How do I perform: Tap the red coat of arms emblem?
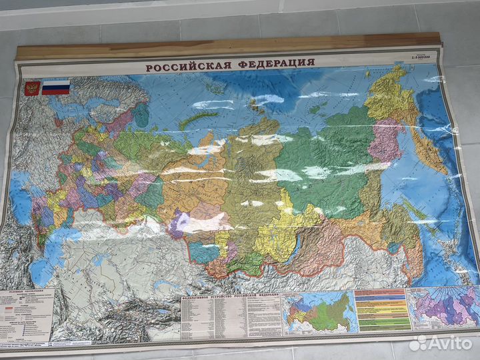pyautogui.click(x=31, y=89)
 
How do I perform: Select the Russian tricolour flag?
pyautogui.click(x=56, y=87)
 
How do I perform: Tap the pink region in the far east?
pyautogui.click(x=387, y=140)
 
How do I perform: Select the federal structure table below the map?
pyautogui.click(x=230, y=314)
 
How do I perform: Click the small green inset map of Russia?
pyautogui.click(x=319, y=311)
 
